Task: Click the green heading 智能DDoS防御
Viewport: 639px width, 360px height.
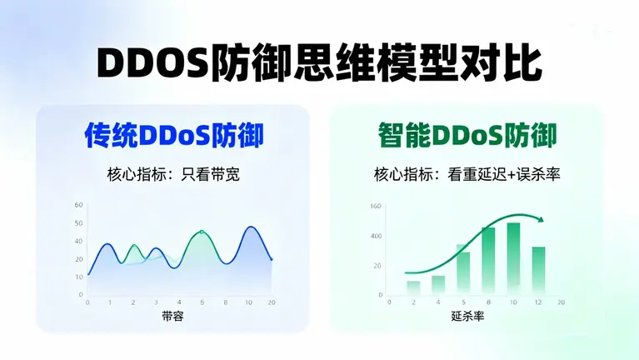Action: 467,135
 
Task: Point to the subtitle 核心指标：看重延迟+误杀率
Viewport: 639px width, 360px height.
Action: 466,175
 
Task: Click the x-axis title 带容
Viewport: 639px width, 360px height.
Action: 173,316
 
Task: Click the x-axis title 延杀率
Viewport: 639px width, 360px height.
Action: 467,316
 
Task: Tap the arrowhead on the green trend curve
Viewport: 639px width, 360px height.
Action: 542,219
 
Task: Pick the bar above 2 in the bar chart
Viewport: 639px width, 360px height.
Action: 413,287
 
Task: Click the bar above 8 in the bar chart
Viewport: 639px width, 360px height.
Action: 488,260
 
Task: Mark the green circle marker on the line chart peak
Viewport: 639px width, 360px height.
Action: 202,232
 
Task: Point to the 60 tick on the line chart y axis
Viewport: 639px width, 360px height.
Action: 79,205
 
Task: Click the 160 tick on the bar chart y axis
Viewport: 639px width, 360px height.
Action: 377,206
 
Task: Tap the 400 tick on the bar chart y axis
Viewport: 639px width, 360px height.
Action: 377,236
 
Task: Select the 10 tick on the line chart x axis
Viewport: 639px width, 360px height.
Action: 248,302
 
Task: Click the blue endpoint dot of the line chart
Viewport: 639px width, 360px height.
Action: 271,259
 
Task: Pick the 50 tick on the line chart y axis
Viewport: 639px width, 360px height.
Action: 79,223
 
